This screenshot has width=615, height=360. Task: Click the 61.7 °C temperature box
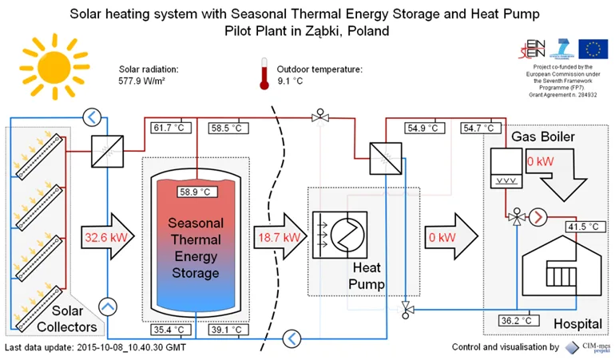(x=169, y=128)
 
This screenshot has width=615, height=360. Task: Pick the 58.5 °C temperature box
(x=228, y=128)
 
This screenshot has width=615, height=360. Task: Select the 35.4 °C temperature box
(x=169, y=329)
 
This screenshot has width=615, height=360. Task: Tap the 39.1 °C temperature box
(x=228, y=329)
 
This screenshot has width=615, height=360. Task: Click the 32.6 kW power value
(x=102, y=238)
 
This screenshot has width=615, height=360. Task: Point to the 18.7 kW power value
(x=278, y=238)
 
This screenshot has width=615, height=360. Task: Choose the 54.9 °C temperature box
(x=423, y=128)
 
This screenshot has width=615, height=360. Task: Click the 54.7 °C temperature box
(x=479, y=128)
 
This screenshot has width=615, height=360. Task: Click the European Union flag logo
(x=593, y=49)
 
